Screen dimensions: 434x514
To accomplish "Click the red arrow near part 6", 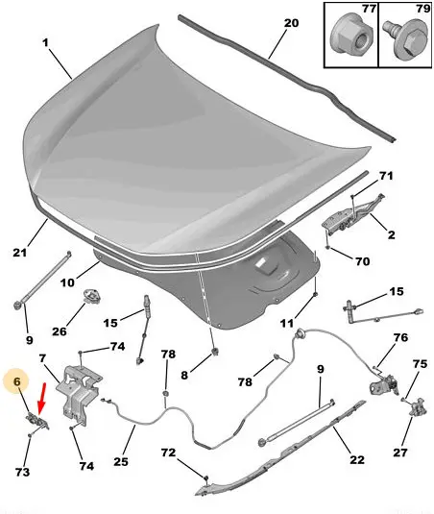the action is pos(41,398).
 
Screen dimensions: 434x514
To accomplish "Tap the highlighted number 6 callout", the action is pos(16,381).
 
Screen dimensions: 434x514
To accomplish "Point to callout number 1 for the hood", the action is pos(45,42).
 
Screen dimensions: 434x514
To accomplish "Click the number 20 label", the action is pos(291,23).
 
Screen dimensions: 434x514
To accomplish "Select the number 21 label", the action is pos(19,253).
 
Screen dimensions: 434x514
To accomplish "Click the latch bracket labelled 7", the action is pos(79,394).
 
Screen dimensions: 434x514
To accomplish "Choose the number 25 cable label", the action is pos(121,461).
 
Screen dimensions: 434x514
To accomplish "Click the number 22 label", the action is pos(356,459).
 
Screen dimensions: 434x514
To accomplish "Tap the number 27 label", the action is pos(400,453).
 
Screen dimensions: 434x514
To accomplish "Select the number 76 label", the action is pos(400,337).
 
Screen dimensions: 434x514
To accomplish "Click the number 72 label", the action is pos(168,453).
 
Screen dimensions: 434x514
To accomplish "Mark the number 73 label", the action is pos(22,472).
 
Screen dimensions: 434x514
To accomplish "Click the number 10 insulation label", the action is pos(67,282).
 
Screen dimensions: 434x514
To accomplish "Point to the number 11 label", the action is pos(286,324).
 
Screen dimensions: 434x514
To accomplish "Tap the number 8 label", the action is pos(184,375).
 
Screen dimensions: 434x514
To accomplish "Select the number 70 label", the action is pos(362,261).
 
